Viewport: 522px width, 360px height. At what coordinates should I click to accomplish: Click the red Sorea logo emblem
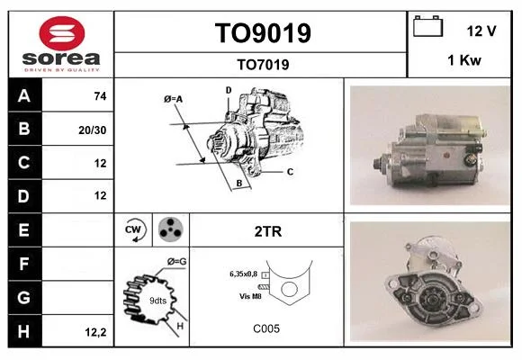click(62, 33)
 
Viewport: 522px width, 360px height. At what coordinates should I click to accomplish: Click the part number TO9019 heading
click(263, 33)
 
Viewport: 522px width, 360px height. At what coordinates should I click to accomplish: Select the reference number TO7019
click(263, 65)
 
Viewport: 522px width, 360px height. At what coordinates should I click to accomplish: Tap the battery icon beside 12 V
click(427, 26)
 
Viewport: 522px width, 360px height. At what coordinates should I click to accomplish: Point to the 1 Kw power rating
click(464, 60)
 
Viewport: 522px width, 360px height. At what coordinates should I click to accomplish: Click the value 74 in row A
click(100, 96)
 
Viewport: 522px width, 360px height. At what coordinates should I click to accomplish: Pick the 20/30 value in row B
click(92, 130)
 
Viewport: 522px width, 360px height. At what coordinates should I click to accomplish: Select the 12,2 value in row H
click(95, 332)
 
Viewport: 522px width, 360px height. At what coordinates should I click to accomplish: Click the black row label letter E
click(23, 230)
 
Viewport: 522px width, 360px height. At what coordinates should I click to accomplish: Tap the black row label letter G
click(23, 297)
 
